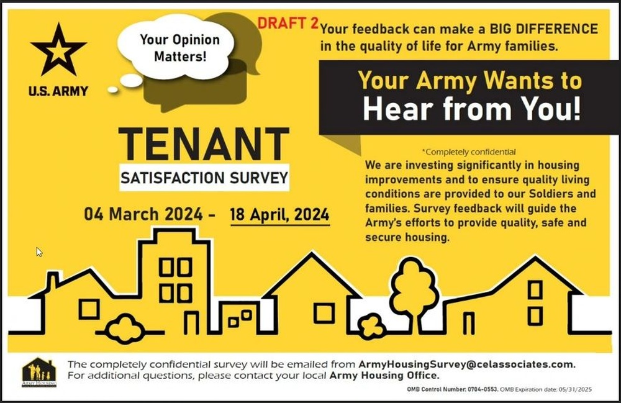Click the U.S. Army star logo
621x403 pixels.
(x=58, y=50)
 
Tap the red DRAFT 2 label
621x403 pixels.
(x=288, y=24)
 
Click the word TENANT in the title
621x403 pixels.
(x=204, y=144)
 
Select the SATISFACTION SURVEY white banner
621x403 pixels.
(x=204, y=178)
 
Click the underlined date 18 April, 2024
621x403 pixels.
(x=279, y=215)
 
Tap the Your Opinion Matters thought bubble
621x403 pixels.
(x=176, y=48)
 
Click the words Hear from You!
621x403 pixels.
(x=472, y=109)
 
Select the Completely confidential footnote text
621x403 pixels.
(x=469, y=152)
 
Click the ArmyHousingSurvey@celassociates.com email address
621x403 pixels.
(x=466, y=365)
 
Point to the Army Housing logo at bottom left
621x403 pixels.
(x=39, y=372)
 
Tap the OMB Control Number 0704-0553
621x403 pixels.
(x=453, y=389)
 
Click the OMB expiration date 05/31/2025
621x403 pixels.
(x=575, y=389)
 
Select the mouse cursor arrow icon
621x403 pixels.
(x=39, y=252)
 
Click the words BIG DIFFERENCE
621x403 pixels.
(x=544, y=29)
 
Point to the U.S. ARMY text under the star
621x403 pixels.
(x=58, y=91)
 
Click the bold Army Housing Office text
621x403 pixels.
(x=384, y=375)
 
